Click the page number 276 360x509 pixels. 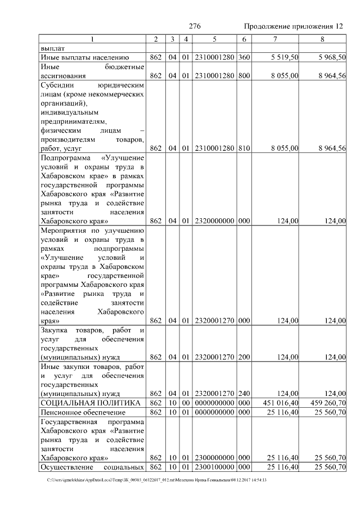(x=195, y=27)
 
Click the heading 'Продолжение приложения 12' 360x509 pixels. (x=294, y=27)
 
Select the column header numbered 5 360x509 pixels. (x=215, y=39)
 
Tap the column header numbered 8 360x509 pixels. (x=322, y=39)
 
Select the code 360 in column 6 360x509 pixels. (x=244, y=57)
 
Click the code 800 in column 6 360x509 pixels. (x=244, y=75)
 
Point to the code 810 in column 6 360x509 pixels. (x=244, y=148)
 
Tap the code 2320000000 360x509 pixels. (x=215, y=221)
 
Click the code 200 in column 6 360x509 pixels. (x=244, y=356)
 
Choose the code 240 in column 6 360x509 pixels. (x=244, y=393)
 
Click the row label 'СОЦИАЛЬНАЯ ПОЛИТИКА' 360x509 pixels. (x=90, y=403)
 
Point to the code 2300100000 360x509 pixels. (x=215, y=467)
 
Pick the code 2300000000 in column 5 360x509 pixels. (x=215, y=458)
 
